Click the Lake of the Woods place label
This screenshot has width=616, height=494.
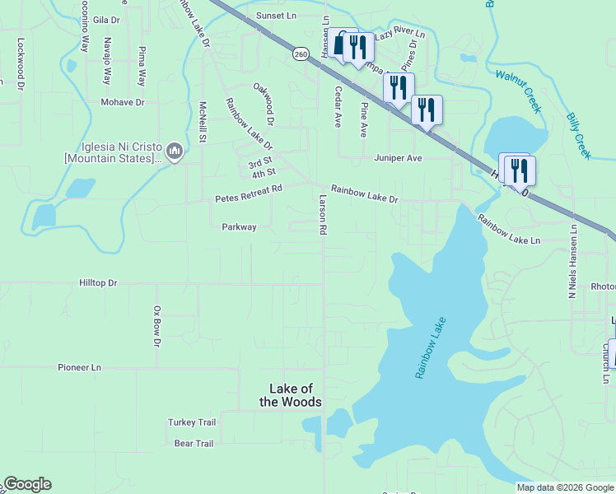tap(296, 395)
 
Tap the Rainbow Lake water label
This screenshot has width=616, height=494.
tap(430, 348)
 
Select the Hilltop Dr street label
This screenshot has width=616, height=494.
tap(99, 283)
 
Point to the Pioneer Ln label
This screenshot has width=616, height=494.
tap(79, 367)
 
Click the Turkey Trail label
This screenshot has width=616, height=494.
tap(192, 422)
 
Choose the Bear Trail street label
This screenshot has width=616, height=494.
tap(194, 444)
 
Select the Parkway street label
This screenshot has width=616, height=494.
tap(239, 227)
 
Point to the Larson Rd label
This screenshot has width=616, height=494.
tap(323, 214)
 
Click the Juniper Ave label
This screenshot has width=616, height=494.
tap(398, 158)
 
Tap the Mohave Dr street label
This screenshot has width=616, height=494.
tap(123, 103)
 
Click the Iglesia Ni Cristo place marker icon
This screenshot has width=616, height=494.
tap(175, 151)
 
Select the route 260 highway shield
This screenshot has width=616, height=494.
tap(301, 54)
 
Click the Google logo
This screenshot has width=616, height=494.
tap(27, 484)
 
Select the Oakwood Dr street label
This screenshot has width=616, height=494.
tap(264, 98)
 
